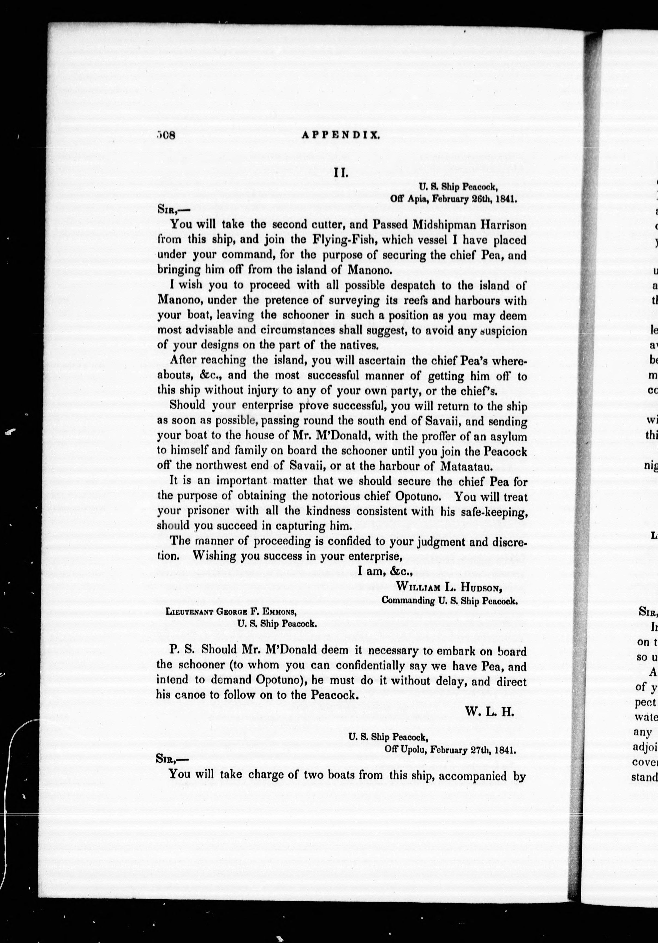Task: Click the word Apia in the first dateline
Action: tap(415, 199)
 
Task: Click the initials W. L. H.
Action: tap(490, 712)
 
